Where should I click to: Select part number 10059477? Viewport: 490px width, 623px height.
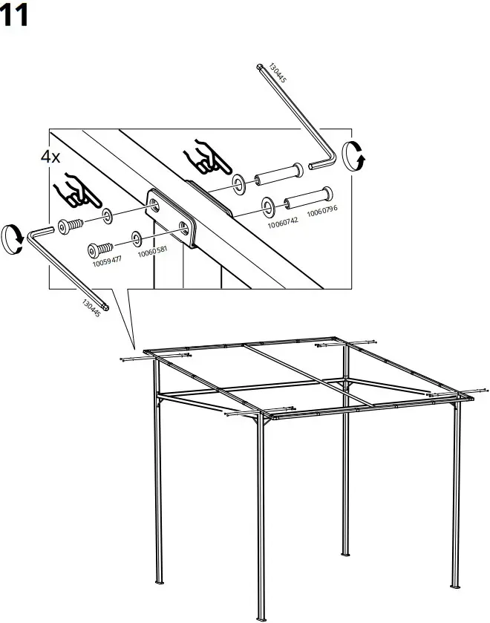point(107,261)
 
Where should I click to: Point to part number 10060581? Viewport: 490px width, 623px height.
point(152,252)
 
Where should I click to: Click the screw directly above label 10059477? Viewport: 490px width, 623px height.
point(99,248)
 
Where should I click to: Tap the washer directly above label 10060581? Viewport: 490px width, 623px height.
point(137,238)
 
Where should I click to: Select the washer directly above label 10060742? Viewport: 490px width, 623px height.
point(267,203)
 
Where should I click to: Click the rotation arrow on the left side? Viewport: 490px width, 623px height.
point(13,238)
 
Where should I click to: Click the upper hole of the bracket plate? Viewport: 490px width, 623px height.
point(154,203)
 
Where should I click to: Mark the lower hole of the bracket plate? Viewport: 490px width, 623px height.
point(183,224)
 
